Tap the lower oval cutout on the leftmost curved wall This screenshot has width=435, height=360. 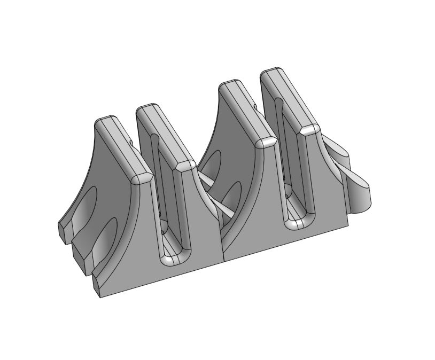pyautogui.click(x=107, y=235)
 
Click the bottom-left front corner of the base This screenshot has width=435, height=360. pyautogui.click(x=101, y=295)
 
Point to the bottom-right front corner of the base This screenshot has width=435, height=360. pyautogui.click(x=348, y=225)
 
